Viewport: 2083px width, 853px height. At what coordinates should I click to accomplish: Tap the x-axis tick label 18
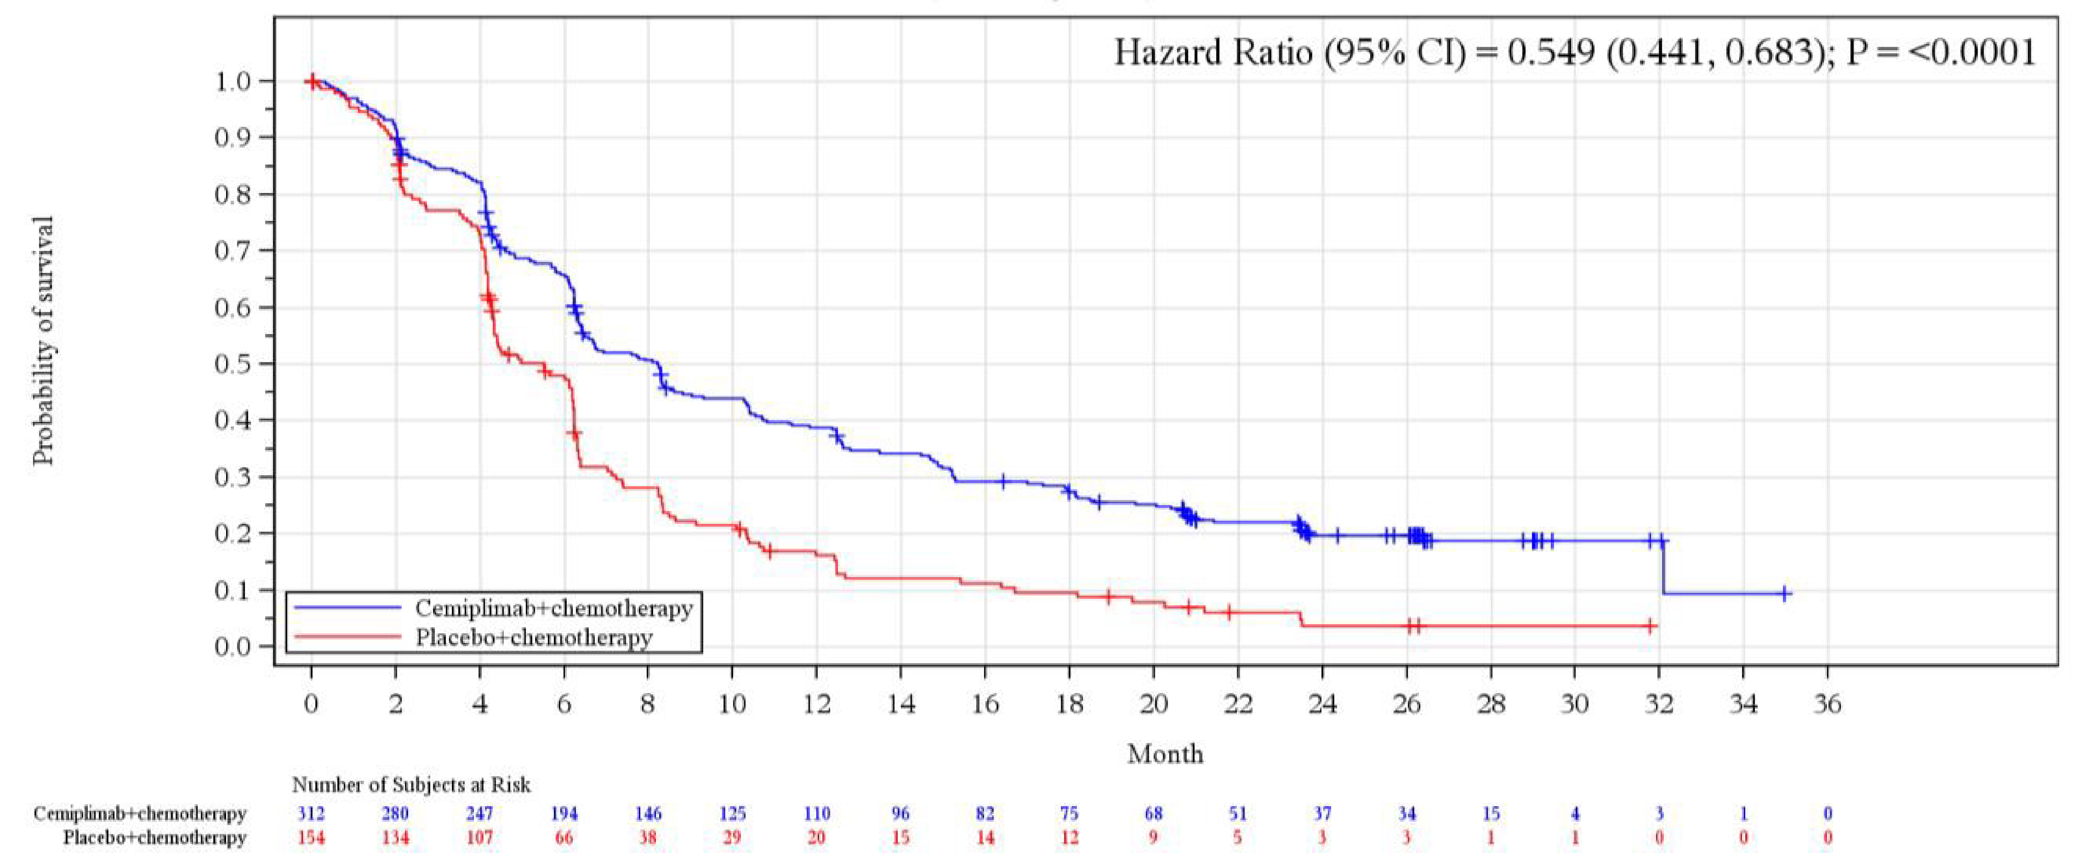tap(1069, 704)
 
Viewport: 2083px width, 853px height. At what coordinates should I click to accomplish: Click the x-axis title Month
tap(1165, 754)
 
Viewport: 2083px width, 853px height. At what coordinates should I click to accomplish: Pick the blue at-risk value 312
tap(311, 813)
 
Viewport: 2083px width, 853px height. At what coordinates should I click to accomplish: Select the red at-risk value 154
tap(311, 838)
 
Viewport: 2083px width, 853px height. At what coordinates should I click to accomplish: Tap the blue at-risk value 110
tap(817, 813)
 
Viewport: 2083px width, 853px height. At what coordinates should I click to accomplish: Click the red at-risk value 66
tap(564, 838)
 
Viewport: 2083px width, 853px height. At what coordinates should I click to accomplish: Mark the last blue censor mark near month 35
tap(1785, 594)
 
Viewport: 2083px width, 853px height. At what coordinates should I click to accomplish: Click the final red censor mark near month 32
tap(1651, 626)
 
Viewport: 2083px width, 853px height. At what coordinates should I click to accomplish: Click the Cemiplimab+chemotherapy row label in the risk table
tap(139, 813)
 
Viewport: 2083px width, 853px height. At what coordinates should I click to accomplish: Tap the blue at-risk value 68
tap(1153, 813)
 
